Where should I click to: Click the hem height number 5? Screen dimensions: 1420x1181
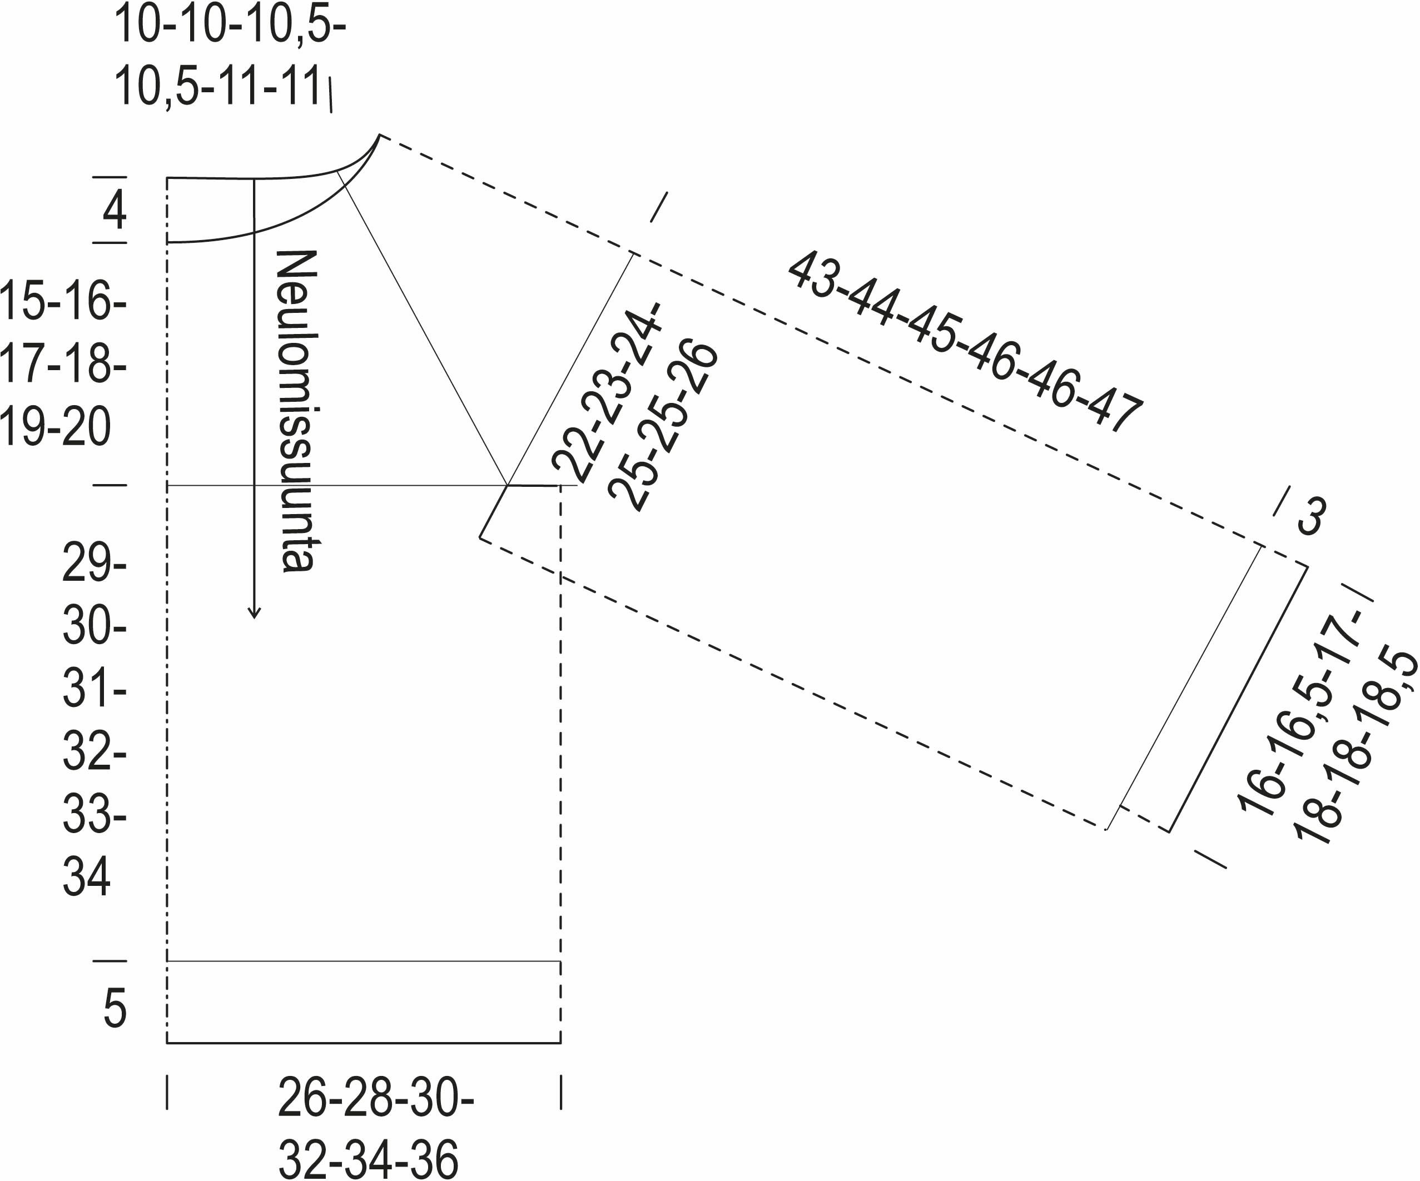(x=115, y=1008)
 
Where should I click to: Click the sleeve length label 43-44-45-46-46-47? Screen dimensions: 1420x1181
(x=966, y=342)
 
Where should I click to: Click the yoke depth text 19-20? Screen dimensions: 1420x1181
(x=56, y=428)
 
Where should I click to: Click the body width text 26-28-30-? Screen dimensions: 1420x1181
(x=376, y=1099)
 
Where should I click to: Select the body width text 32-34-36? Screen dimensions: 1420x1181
(x=369, y=1159)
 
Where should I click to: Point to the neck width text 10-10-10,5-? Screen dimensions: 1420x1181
(x=230, y=26)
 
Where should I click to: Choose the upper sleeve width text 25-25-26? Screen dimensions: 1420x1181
(x=663, y=426)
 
